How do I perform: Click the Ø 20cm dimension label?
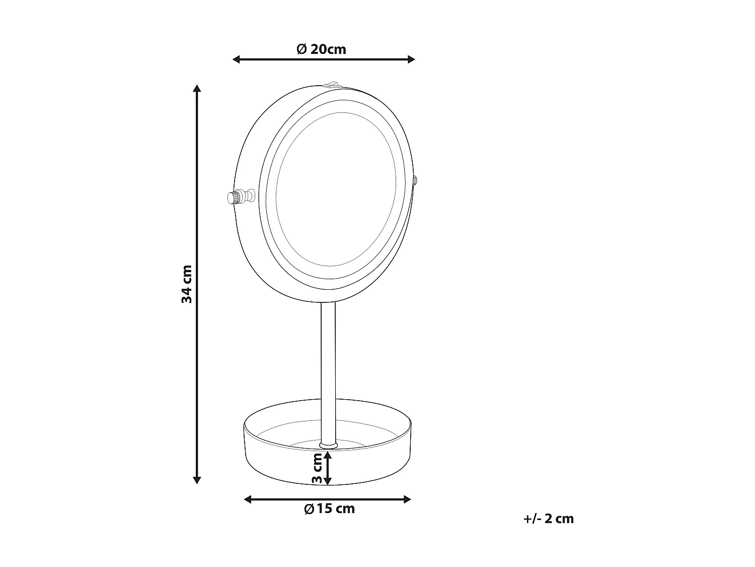pyautogui.click(x=321, y=49)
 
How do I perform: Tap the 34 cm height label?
pyautogui.click(x=187, y=284)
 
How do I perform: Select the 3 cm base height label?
pyautogui.click(x=317, y=467)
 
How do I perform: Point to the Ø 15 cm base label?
pyautogui.click(x=329, y=509)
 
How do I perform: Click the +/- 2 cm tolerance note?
pyautogui.click(x=548, y=519)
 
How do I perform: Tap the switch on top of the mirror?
pyautogui.click(x=331, y=84)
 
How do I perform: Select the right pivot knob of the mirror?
pyautogui.click(x=415, y=180)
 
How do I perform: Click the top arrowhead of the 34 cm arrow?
pyautogui.click(x=197, y=89)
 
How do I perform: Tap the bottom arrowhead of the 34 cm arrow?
pyautogui.click(x=197, y=480)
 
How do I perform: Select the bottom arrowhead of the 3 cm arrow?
pyautogui.click(x=328, y=481)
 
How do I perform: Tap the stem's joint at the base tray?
pyautogui.click(x=328, y=445)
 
